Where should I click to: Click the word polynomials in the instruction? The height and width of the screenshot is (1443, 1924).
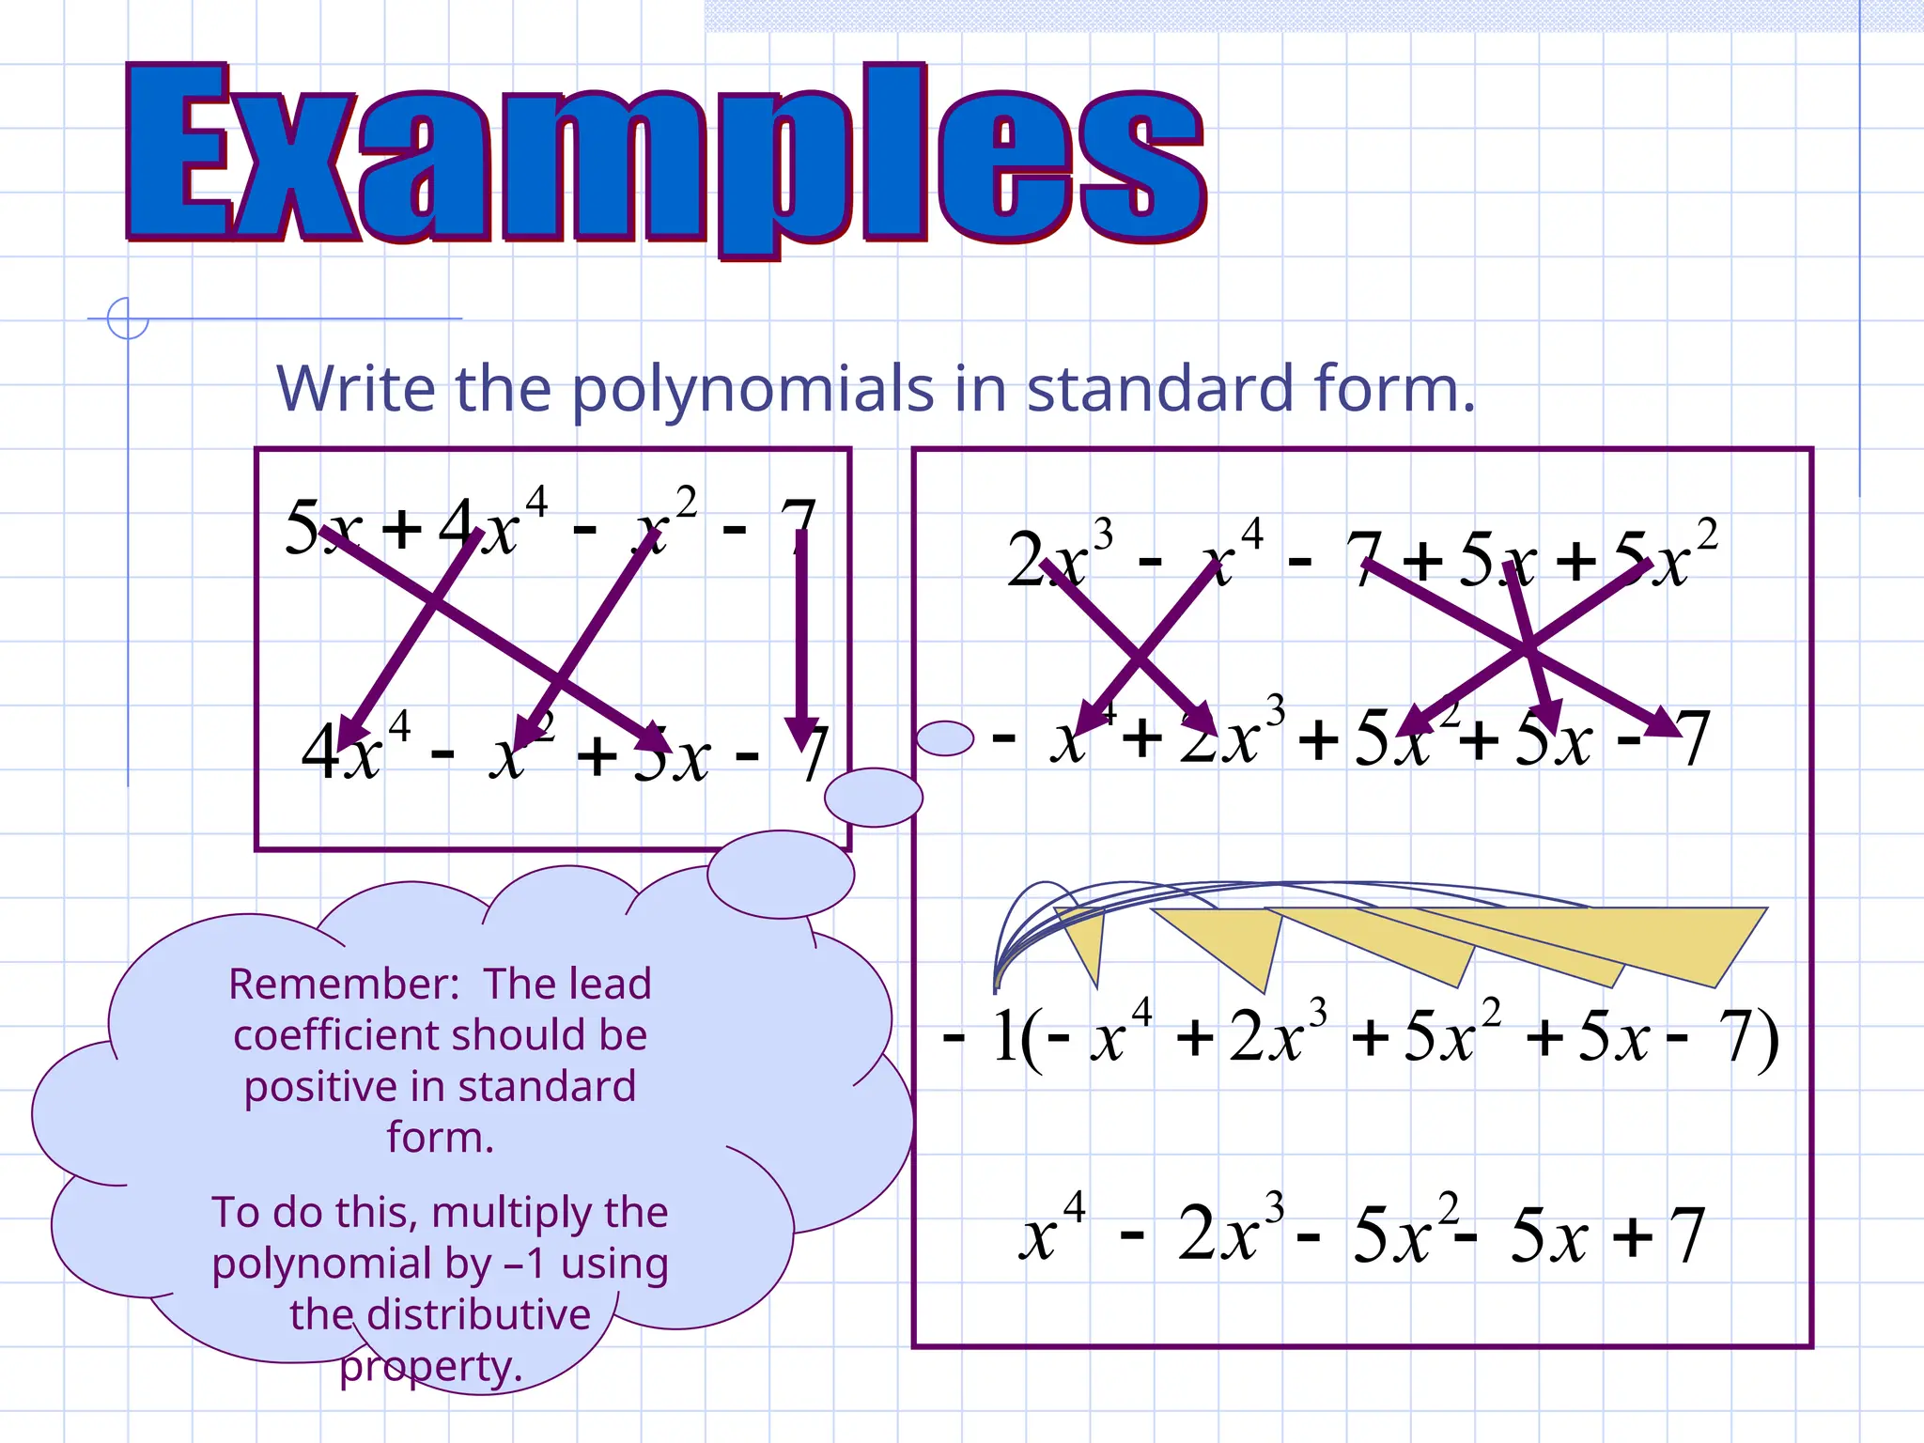[753, 389]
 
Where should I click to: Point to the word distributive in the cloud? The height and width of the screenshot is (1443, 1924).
[478, 1314]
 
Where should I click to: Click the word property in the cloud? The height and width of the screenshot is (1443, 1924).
[429, 1366]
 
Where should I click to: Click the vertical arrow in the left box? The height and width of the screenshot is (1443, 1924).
[801, 639]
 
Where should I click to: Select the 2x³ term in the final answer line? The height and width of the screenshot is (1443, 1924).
[1231, 1234]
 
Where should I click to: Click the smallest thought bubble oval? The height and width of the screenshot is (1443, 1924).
[944, 738]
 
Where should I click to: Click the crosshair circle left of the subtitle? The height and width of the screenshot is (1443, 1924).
[128, 318]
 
